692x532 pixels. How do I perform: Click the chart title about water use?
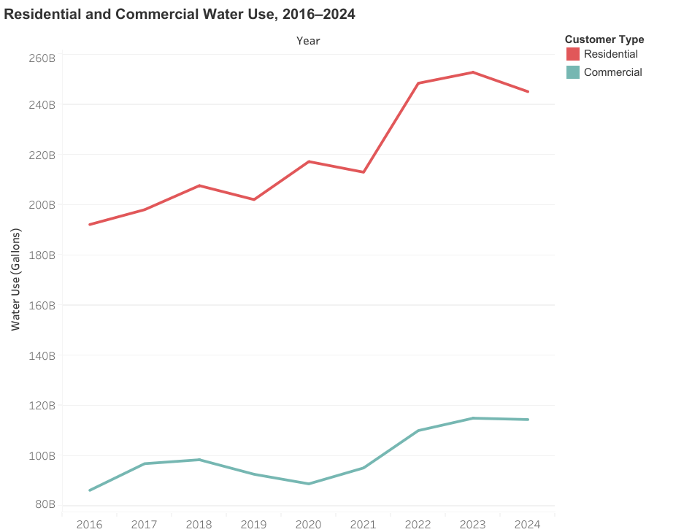[x=179, y=14]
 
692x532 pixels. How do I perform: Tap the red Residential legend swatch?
[x=573, y=54]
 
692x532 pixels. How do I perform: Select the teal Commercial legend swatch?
[x=573, y=72]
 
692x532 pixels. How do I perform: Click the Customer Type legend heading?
[x=604, y=39]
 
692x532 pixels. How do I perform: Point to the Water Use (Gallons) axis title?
[x=15, y=280]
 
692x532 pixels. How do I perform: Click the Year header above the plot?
[x=308, y=41]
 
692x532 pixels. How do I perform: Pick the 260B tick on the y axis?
[x=42, y=58]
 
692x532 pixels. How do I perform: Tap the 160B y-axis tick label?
[x=42, y=305]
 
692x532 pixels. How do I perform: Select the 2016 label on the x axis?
[x=89, y=524]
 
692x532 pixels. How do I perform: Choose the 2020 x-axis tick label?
[x=308, y=524]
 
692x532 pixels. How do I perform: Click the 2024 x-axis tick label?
[x=527, y=524]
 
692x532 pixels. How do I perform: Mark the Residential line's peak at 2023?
[x=473, y=72]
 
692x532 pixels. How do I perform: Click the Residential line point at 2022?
[x=418, y=83]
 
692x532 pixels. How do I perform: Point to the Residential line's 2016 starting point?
[x=90, y=225]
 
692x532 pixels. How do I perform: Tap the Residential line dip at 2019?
[x=254, y=199]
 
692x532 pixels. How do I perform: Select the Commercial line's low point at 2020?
[x=309, y=484]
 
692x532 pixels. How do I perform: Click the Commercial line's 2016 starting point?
[x=90, y=490]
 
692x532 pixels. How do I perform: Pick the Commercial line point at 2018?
[x=199, y=460]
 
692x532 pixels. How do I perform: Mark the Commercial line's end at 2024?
[x=527, y=420]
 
